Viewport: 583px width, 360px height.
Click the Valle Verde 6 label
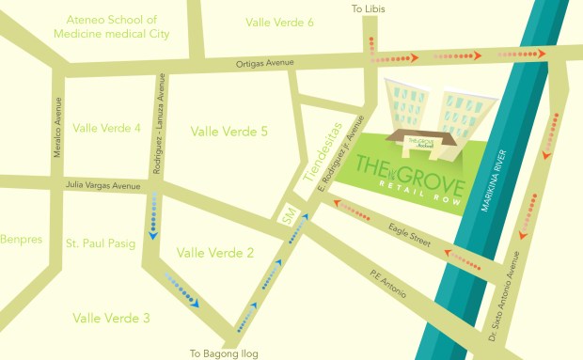[x=279, y=22]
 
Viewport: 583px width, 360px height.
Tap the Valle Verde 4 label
[x=106, y=128]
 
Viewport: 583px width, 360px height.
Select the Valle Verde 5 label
[x=229, y=132]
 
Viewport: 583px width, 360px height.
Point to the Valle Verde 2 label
[x=215, y=252]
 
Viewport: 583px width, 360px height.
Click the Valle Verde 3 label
[x=111, y=318]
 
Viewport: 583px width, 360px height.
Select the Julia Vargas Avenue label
[x=102, y=186]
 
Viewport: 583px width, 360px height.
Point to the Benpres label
[x=19, y=240]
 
